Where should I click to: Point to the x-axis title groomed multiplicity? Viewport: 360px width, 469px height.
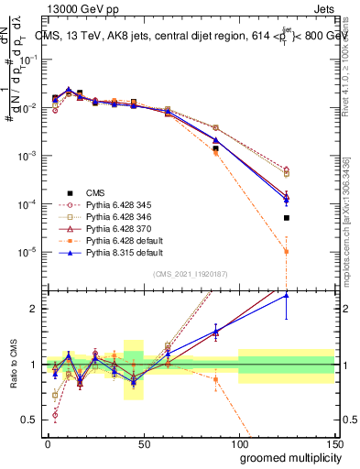279,456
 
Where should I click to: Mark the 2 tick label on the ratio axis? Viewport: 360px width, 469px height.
36,309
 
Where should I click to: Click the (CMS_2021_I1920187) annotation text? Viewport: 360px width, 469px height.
190,273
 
